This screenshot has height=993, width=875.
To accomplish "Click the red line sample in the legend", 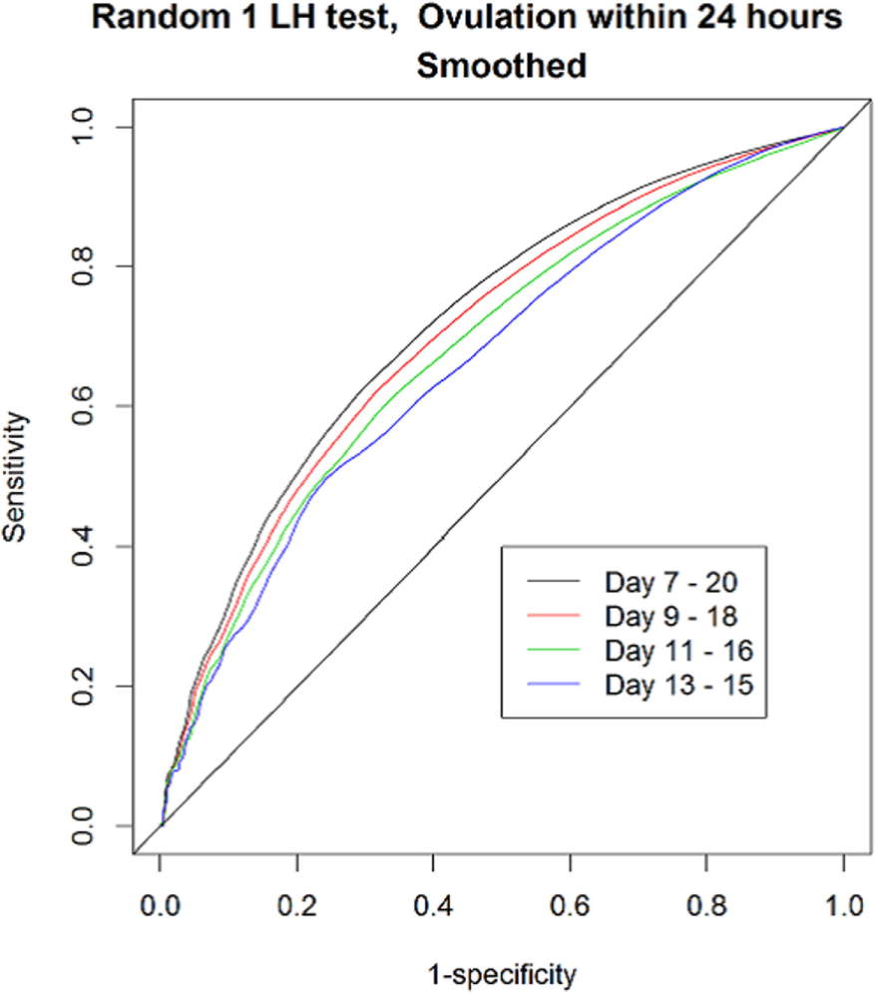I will click(x=549, y=615).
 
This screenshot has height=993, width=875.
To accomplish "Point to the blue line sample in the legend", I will click(x=549, y=685).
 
